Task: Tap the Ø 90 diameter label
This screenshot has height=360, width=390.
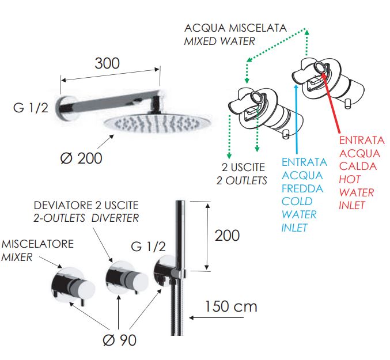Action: (x=119, y=339)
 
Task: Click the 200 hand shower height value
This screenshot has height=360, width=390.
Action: (x=227, y=235)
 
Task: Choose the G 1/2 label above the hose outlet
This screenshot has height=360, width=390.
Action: (x=148, y=246)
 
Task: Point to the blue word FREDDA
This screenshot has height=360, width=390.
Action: (x=302, y=188)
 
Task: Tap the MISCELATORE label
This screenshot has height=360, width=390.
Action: (x=37, y=244)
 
